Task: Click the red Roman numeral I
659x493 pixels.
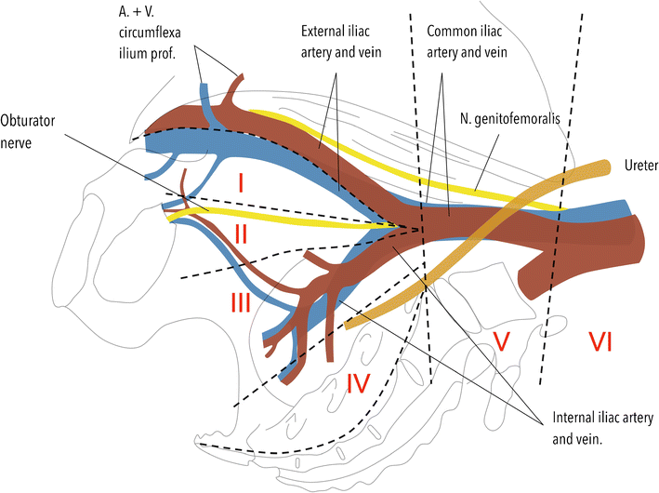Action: point(241,184)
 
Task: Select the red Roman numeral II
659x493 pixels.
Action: point(241,234)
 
